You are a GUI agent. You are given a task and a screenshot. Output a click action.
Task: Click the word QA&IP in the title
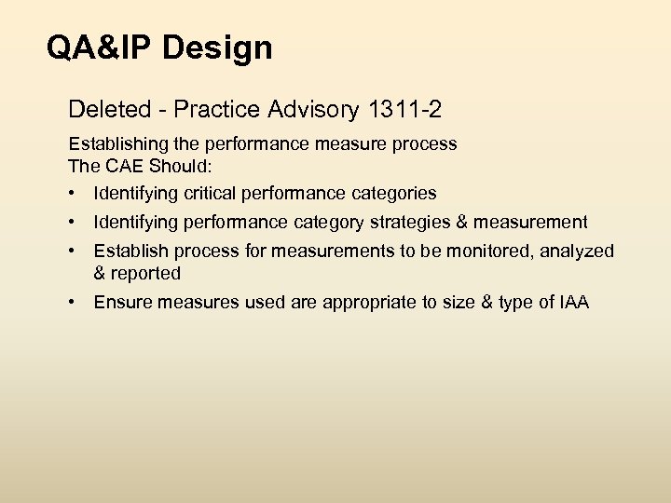pos(100,48)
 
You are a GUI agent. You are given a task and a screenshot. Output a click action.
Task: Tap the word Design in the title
pos(217,48)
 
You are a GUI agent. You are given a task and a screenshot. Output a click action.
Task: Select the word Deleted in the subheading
pos(104,111)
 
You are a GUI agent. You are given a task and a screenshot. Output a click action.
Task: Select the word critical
pos(200,194)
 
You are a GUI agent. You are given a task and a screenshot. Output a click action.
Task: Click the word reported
pos(145,273)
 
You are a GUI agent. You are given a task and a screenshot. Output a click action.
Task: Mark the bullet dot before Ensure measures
pos(73,303)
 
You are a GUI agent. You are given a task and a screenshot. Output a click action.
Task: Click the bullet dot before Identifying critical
pos(73,194)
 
